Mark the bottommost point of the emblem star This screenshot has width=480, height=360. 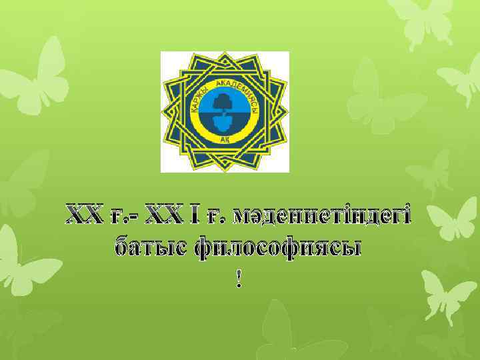225,169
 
